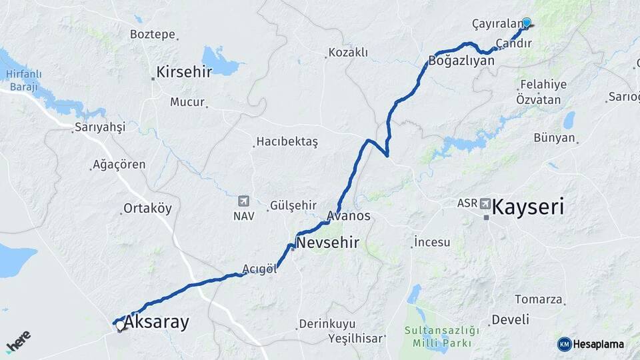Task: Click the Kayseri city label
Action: [528, 207]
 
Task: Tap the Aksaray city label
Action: [157, 323]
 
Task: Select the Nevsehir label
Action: [327, 243]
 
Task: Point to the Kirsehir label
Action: [184, 72]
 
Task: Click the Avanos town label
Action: [348, 216]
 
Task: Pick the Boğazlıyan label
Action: [462, 61]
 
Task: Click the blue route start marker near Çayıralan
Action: [527, 22]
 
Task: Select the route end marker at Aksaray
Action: [119, 327]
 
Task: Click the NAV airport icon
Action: [243, 201]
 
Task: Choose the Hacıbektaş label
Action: [288, 142]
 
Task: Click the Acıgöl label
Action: [259, 269]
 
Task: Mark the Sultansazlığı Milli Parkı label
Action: [442, 336]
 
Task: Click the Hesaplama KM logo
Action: [591, 344]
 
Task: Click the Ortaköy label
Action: [148, 209]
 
